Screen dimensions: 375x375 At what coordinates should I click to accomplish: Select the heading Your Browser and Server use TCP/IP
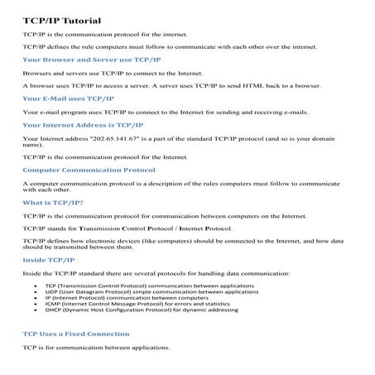coord(92,60)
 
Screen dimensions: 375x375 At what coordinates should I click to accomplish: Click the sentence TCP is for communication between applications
coord(96,347)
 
